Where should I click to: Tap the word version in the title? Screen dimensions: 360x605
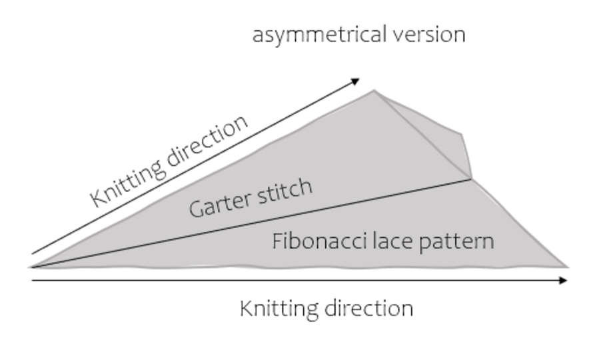(x=431, y=35)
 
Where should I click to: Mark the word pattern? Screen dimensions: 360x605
(x=458, y=241)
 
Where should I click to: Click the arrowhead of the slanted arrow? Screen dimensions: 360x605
(x=356, y=81)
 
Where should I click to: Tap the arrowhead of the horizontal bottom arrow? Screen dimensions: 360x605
(x=564, y=281)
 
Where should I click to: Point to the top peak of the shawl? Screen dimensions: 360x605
(x=374, y=91)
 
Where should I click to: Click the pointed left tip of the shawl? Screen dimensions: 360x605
(x=31, y=267)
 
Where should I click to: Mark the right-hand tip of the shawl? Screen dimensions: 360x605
(x=567, y=267)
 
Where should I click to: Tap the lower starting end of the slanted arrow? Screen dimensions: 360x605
(x=33, y=254)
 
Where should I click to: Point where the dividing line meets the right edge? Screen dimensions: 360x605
(x=472, y=179)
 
